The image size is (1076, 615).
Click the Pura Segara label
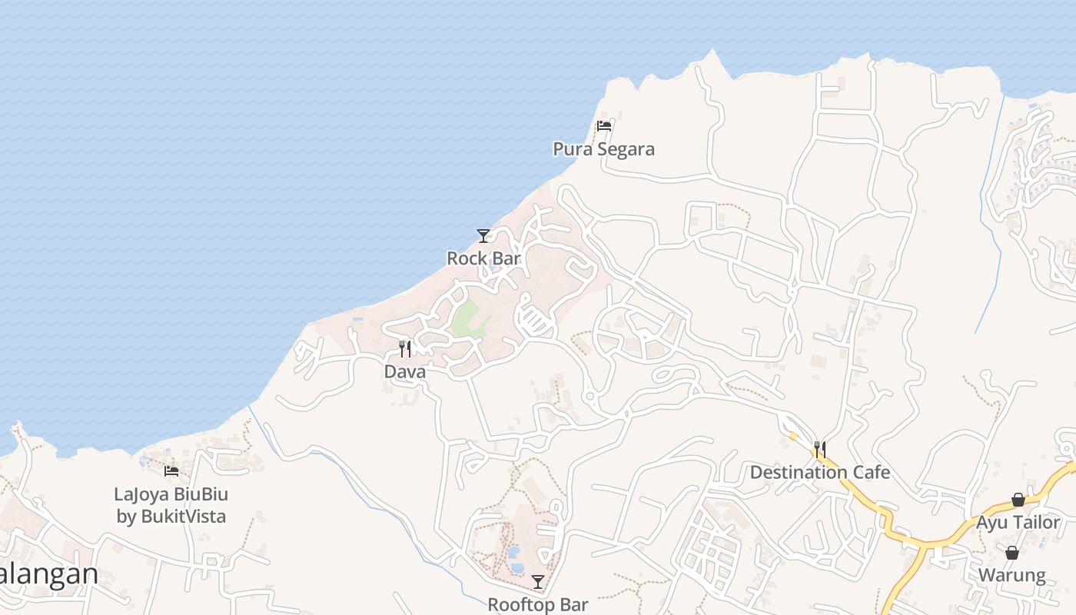(603, 149)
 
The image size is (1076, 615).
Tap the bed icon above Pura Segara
(603, 126)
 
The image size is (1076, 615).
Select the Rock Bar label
(483, 258)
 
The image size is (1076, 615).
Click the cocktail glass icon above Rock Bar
(483, 236)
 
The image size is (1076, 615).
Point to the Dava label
(404, 371)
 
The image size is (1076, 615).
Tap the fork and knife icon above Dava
(405, 349)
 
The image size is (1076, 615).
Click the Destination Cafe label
(819, 472)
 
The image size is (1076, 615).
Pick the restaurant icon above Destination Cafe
(819, 449)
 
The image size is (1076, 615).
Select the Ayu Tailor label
(1018, 523)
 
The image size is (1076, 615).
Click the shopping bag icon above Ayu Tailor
(1018, 500)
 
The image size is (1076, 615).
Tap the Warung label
(1011, 575)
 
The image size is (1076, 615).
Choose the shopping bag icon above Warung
(1011, 553)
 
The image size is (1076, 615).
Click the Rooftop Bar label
(537, 605)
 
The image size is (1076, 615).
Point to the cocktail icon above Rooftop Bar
(537, 582)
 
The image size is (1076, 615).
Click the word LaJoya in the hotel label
(141, 494)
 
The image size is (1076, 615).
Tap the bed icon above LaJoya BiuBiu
(171, 470)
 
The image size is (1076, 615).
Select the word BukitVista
(183, 516)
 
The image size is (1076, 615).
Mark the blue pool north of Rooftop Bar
(514, 553)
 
